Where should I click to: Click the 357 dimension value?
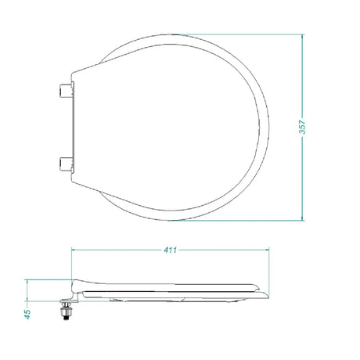coord(302,127)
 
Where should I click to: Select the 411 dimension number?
coord(170,250)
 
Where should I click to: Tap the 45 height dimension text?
coord(27,314)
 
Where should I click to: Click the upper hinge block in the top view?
coord(65,90)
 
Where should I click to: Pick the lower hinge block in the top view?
coord(65,164)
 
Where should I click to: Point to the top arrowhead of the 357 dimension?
coord(302,37)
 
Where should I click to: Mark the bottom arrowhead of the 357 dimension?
coord(302,218)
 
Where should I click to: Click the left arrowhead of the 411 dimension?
coord(74,250)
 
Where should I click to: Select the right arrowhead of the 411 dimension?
coord(266,250)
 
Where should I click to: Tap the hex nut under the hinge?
coord(67,311)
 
